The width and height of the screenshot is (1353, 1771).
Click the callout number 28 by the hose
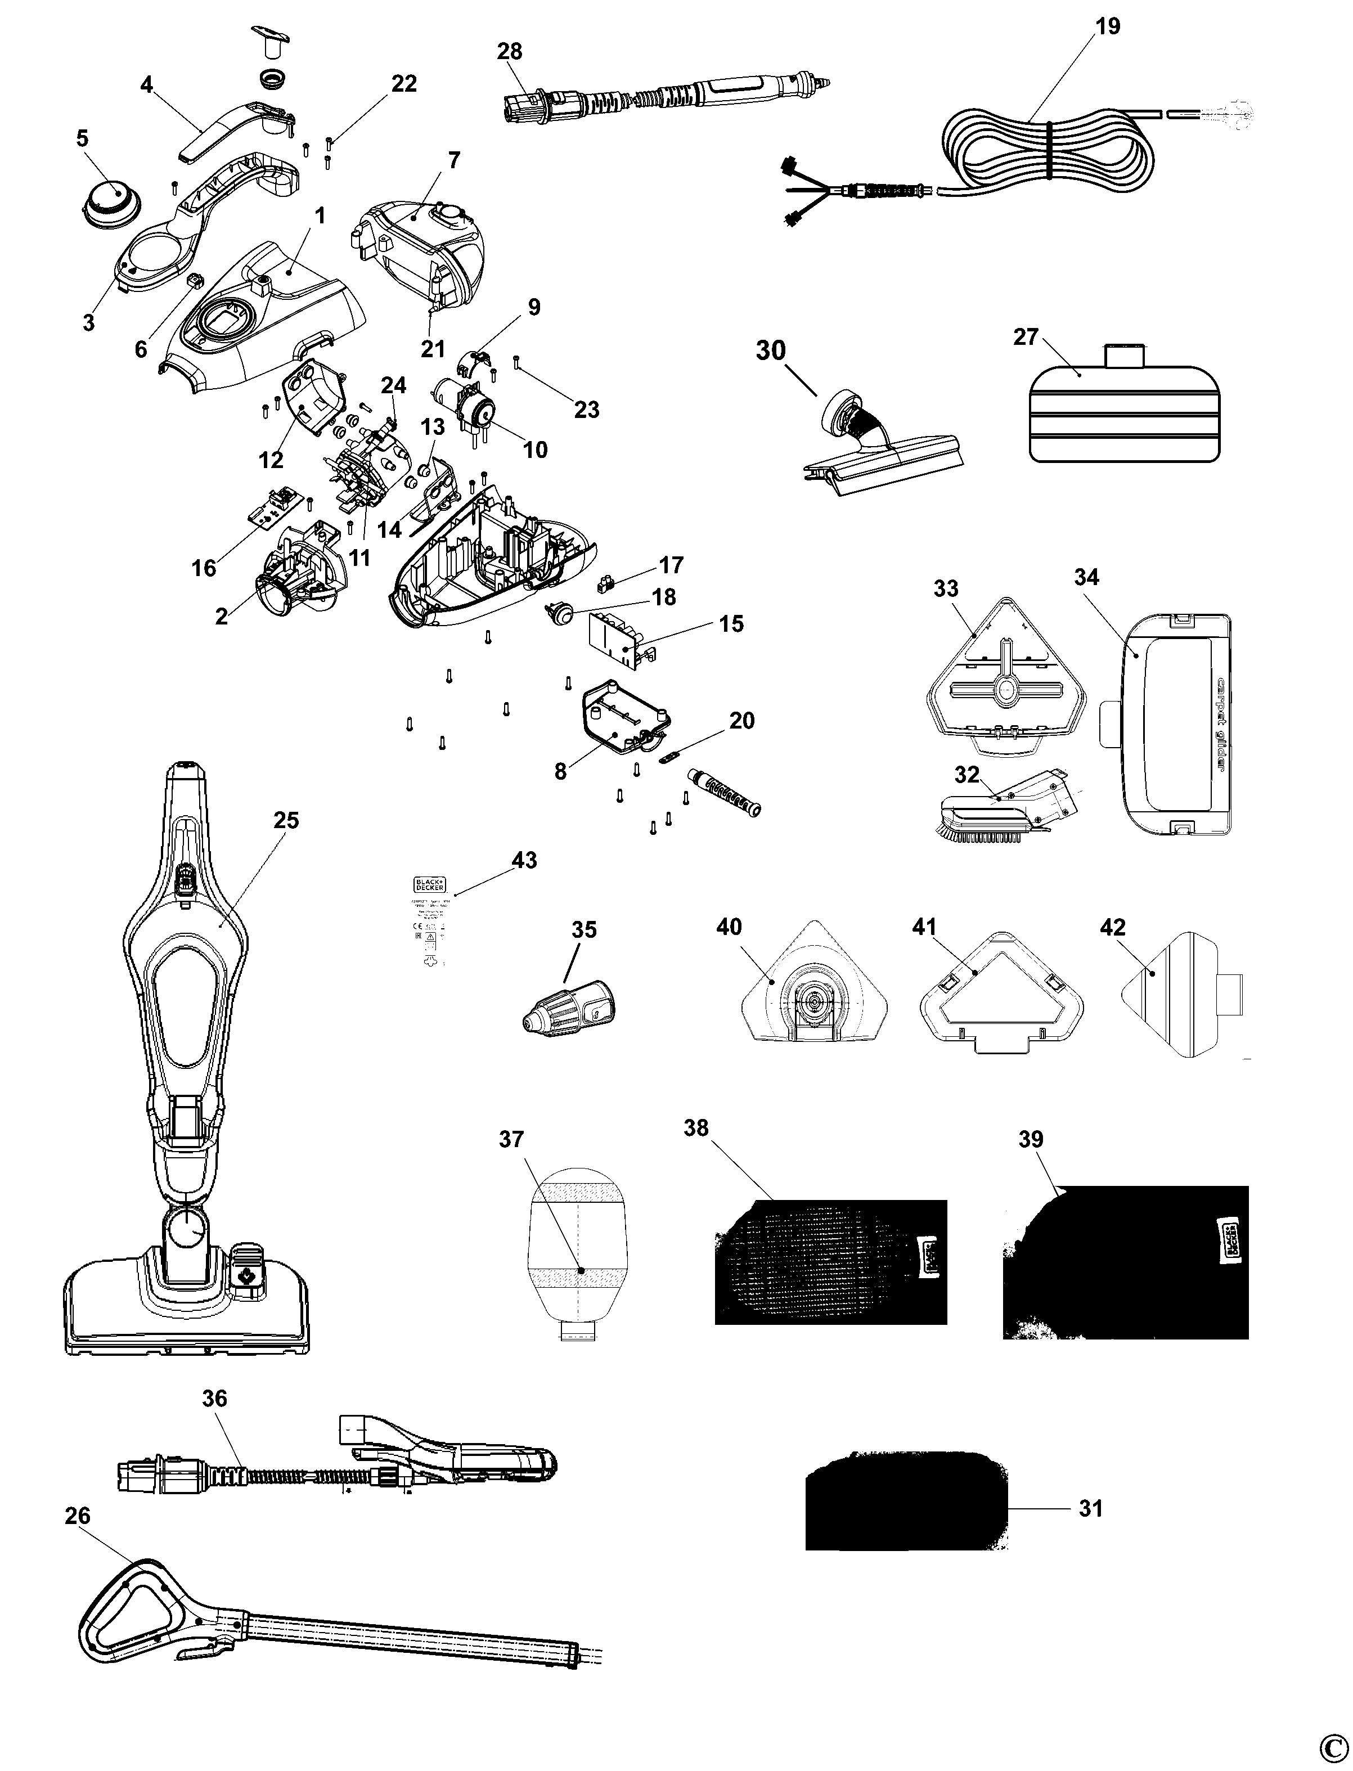509,52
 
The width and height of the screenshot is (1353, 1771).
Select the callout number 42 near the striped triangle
1112,927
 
